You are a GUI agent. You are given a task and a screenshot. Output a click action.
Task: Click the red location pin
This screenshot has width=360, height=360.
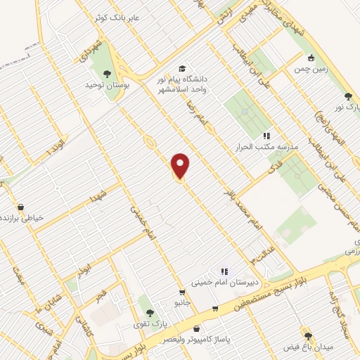(181, 166)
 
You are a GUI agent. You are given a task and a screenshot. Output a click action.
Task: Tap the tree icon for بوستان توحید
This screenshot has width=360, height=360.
(107, 73)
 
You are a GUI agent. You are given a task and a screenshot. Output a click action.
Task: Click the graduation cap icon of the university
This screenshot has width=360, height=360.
(182, 68)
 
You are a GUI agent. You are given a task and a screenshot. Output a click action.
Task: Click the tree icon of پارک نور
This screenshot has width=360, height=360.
(347, 96)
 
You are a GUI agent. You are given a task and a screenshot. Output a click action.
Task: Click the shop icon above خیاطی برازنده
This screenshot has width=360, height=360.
(21, 207)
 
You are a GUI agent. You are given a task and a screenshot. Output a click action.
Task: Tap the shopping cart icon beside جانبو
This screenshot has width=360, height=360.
(182, 292)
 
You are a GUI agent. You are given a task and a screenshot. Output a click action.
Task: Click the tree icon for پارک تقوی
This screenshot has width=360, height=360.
(148, 311)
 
